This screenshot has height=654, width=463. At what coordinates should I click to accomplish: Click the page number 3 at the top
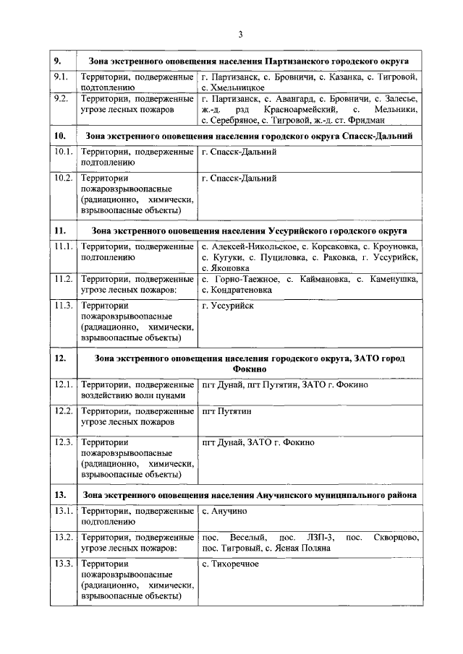tap(240, 34)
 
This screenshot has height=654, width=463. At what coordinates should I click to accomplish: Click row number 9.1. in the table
tap(61, 77)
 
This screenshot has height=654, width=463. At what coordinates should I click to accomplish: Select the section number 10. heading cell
tap(61, 135)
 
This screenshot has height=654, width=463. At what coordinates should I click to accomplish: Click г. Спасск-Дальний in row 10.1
tap(239, 152)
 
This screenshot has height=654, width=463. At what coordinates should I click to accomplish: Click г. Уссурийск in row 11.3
tap(229, 306)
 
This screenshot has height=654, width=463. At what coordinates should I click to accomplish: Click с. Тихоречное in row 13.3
tap(231, 564)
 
